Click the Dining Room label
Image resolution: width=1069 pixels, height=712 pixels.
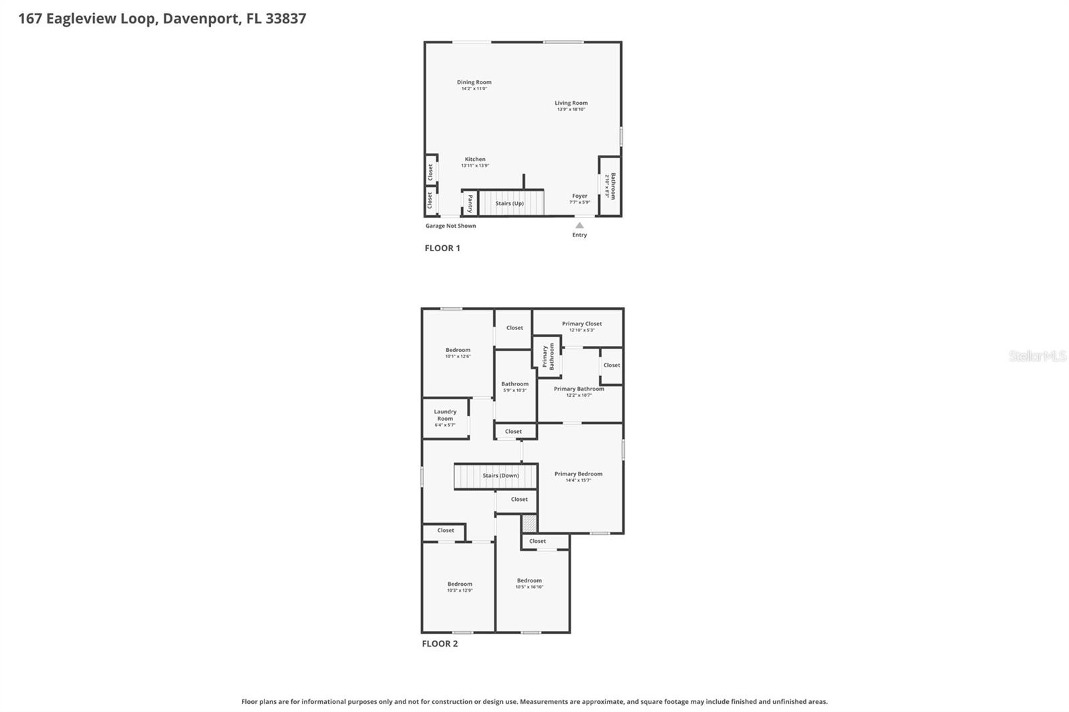click(474, 82)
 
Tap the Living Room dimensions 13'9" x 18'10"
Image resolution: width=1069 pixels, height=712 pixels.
click(571, 110)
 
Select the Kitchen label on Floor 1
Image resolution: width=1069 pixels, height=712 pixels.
click(475, 160)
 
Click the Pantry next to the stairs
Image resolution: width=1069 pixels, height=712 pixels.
click(470, 203)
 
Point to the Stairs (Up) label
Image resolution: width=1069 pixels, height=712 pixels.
click(509, 203)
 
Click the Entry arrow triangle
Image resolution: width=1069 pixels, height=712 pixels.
click(579, 226)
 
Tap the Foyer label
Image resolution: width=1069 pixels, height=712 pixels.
click(579, 196)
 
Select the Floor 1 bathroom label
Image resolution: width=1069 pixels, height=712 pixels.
click(613, 186)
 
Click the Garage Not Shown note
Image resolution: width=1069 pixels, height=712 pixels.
click(450, 226)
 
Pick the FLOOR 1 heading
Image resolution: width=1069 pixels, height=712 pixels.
click(442, 248)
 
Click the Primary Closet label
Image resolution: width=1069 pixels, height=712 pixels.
click(581, 324)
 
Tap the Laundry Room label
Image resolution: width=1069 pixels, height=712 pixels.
click(445, 415)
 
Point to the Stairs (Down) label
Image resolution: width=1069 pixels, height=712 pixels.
click(500, 476)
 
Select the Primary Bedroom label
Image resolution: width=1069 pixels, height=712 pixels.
click(578, 474)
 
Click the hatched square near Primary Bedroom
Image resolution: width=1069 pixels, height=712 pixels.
click(529, 523)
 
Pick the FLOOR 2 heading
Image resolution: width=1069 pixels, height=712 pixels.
click(440, 644)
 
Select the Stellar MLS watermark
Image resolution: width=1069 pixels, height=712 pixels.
click(1037, 356)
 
